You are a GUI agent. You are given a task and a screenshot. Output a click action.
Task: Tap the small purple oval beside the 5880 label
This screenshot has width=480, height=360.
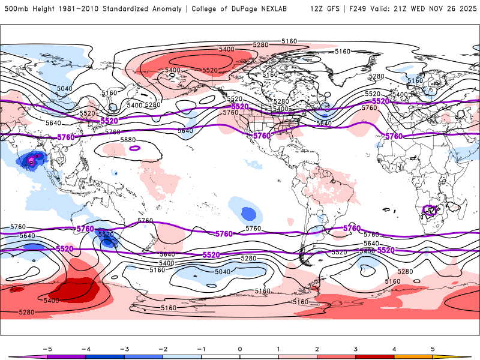pos(134,148)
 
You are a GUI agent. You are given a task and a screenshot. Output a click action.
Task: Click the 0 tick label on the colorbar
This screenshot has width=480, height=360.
pos(239,349)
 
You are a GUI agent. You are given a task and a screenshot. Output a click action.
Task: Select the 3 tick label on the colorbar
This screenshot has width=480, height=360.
pos(356,349)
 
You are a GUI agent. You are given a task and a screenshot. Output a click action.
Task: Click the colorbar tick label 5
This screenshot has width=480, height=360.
pos(433,349)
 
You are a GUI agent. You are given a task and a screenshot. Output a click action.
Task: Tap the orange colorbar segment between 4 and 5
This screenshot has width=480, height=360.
pos(414,356)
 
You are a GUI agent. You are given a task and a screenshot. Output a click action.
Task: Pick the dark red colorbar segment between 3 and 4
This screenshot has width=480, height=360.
pos(375,356)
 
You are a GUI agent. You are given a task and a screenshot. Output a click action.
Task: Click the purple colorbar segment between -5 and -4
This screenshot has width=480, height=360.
pos(66,356)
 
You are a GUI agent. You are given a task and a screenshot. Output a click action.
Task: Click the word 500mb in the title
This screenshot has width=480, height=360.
pos(17,9)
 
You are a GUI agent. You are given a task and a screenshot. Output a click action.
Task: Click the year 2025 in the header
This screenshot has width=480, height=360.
pos(464,9)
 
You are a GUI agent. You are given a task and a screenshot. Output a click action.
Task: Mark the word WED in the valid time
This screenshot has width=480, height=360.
pos(420,9)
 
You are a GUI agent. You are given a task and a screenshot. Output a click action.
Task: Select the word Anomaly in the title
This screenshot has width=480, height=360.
pos(163,9)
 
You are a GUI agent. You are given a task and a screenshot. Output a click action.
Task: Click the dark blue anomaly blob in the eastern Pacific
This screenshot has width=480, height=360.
pos(247,213)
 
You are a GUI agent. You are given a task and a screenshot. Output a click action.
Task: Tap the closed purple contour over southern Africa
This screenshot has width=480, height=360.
pos(430,210)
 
